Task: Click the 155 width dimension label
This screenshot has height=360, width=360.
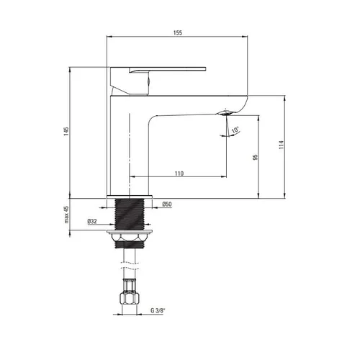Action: (x=178, y=32)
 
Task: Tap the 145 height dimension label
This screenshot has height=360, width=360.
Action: (x=66, y=131)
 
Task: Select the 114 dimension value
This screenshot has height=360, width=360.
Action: (x=282, y=145)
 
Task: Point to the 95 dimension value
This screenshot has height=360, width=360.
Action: (x=255, y=157)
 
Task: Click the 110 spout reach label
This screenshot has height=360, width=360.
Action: (x=179, y=174)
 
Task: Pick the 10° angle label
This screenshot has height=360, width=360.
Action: (x=235, y=130)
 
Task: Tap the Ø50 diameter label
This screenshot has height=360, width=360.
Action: (x=167, y=204)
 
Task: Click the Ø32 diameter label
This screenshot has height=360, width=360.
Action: (x=92, y=221)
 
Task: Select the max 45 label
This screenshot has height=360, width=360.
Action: (x=66, y=215)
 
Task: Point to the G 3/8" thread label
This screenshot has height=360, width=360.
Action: (x=158, y=310)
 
